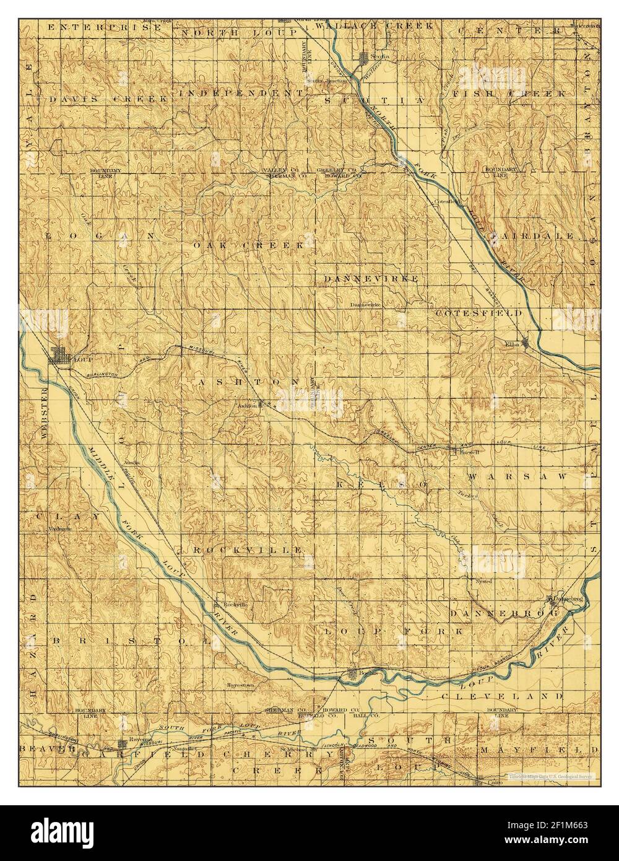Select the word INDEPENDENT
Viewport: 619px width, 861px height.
(242, 93)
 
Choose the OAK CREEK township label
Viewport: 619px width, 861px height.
(249, 245)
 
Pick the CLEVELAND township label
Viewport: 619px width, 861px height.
(503, 696)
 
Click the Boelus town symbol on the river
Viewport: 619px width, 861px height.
(352, 673)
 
